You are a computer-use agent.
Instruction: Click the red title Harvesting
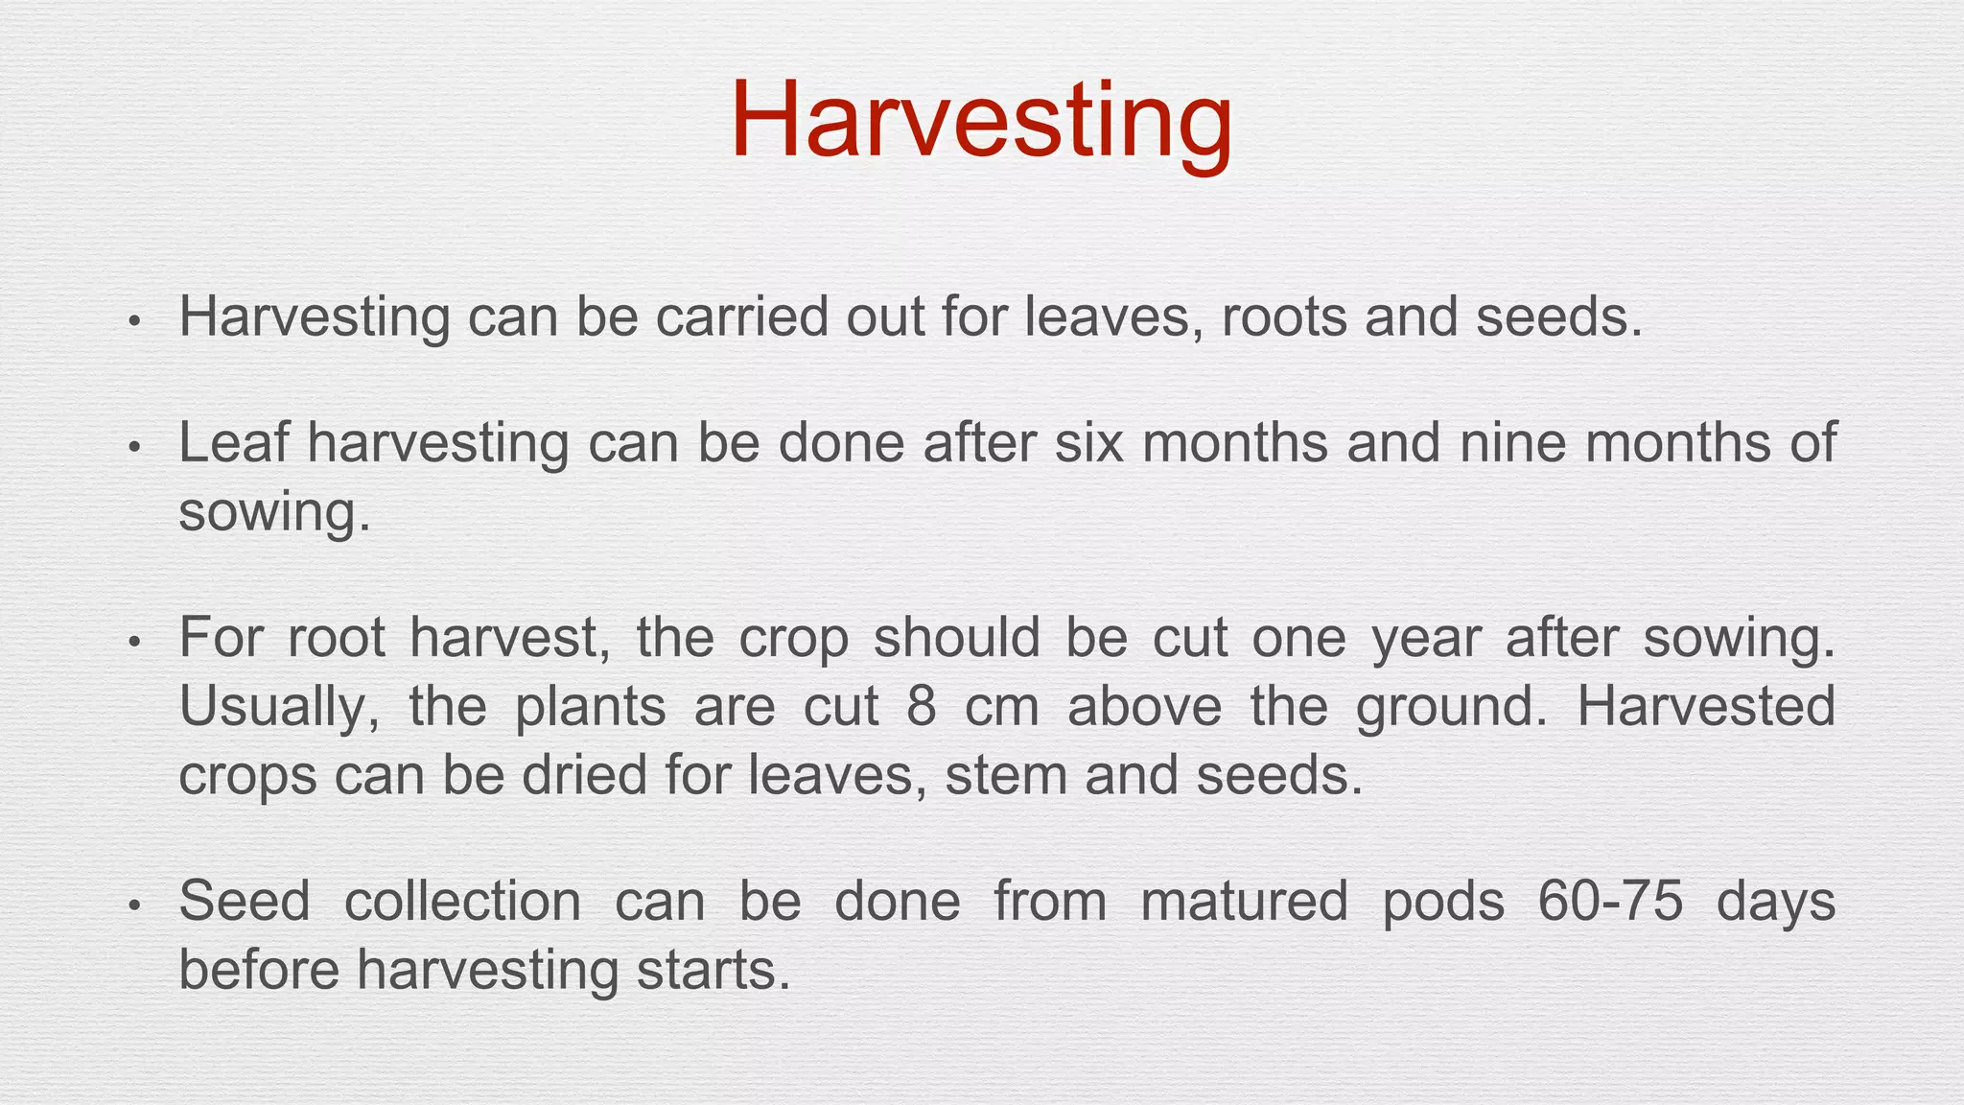click(x=981, y=123)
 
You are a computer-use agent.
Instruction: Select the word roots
click(x=1284, y=317)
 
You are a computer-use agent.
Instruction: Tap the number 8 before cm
click(x=921, y=706)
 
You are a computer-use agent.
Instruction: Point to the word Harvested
click(x=1706, y=706)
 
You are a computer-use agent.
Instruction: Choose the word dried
click(x=584, y=774)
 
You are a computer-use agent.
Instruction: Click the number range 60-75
click(x=1611, y=902)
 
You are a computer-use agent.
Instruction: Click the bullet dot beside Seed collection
click(x=135, y=905)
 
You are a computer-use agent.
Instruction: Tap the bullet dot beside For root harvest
click(x=135, y=642)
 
